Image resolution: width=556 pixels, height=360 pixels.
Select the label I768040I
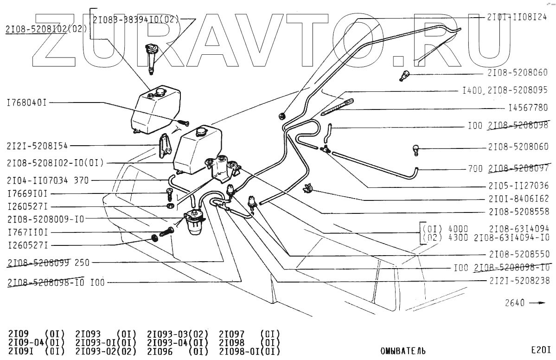[x=26, y=103]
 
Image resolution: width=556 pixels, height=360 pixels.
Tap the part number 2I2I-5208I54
[x=37, y=146]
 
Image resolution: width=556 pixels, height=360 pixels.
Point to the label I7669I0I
[x=27, y=193]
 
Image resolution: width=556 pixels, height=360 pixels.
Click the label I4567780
[x=528, y=108]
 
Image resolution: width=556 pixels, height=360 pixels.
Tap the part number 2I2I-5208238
[x=519, y=281]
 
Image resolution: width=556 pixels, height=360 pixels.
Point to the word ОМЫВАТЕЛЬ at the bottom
[x=403, y=351]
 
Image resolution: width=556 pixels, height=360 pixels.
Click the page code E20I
[x=541, y=350]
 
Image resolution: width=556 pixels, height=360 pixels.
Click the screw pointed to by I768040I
[x=184, y=123]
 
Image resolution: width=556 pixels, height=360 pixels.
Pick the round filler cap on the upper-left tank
[x=161, y=92]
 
